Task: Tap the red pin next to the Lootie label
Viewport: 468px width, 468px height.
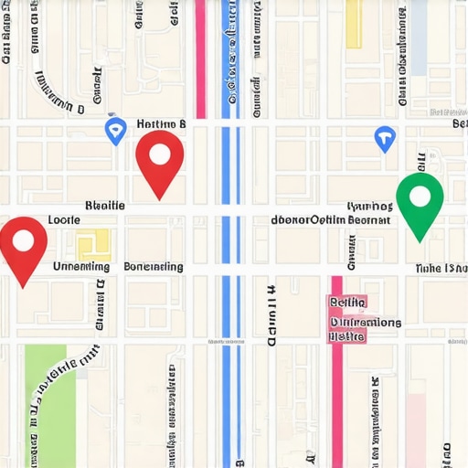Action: pos(23,244)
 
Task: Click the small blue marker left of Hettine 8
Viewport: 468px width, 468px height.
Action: pos(115,130)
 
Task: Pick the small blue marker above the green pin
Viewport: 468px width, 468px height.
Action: pos(385,139)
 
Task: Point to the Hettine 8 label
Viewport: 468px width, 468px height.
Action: pos(161,123)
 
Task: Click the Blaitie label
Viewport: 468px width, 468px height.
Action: pos(103,206)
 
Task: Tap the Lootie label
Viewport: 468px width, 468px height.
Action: pos(64,220)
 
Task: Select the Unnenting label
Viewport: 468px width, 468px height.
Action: pos(81,267)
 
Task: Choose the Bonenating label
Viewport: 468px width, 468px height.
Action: pos(153,267)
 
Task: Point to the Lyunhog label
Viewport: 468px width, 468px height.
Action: pos(369,207)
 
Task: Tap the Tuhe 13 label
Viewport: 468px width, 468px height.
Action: pos(441,269)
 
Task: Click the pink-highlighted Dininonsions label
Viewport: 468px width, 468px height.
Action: pos(365,322)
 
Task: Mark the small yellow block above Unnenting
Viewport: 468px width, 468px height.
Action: pos(93,243)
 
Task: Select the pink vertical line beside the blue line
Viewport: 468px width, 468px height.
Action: pos(200,55)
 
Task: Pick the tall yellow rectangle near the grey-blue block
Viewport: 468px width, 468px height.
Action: pos(353,23)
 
